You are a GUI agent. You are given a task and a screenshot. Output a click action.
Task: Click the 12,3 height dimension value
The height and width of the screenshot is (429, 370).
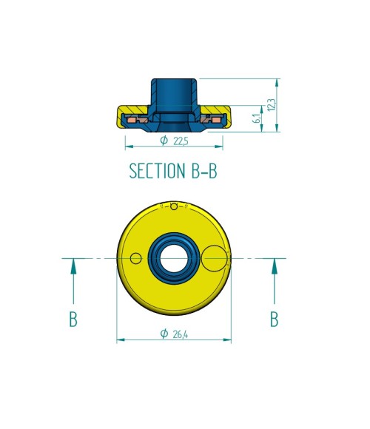pyautogui.click(x=272, y=105)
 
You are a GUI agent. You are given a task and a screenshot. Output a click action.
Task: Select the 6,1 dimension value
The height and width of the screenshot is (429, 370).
pyautogui.click(x=258, y=118)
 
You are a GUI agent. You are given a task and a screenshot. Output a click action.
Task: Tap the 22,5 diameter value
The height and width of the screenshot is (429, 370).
pyautogui.click(x=181, y=141)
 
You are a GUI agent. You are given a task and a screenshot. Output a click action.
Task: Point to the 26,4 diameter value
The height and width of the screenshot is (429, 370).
pyautogui.click(x=181, y=334)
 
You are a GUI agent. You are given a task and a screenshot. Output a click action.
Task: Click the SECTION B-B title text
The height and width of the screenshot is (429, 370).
pyautogui.click(x=173, y=171)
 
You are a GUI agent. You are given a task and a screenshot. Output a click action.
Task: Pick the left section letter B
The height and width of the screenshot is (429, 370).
pyautogui.click(x=73, y=319)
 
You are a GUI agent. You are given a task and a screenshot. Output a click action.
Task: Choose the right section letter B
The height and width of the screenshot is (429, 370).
pyautogui.click(x=275, y=319)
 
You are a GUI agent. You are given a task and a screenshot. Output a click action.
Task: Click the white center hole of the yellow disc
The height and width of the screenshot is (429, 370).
pyautogui.click(x=174, y=259)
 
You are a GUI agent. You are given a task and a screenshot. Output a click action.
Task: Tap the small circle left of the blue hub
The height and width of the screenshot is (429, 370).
pyautogui.click(x=135, y=258)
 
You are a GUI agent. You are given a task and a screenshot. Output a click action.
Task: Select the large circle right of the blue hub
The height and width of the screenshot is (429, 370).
pyautogui.click(x=215, y=259)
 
